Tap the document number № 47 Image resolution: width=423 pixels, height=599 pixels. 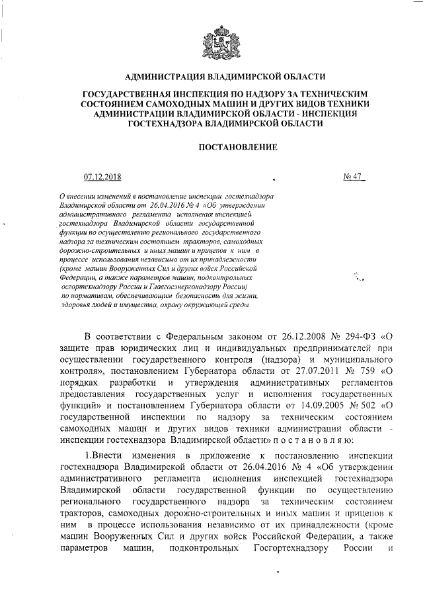(x=354, y=175)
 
